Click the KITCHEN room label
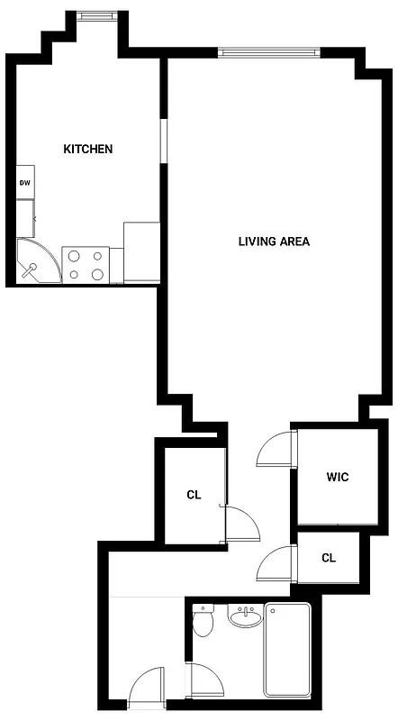click(x=87, y=149)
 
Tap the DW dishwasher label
click(x=24, y=182)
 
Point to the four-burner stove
click(x=85, y=263)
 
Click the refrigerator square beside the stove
click(x=141, y=251)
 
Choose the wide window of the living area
click(x=269, y=52)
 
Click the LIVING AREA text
click(x=274, y=242)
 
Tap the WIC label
click(x=338, y=477)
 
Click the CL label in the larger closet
click(x=194, y=494)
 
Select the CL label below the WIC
click(x=329, y=558)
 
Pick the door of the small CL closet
click(x=276, y=565)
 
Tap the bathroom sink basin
click(x=244, y=618)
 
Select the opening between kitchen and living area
click(x=163, y=140)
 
